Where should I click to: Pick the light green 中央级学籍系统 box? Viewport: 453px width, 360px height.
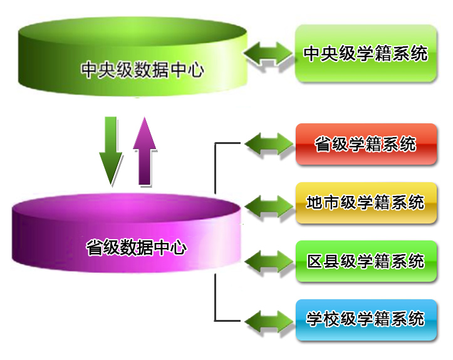coord(365,53)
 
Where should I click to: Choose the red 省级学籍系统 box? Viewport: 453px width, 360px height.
coord(365,145)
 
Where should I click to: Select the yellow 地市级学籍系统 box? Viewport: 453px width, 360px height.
coord(365,203)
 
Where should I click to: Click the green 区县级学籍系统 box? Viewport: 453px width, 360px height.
coord(365,261)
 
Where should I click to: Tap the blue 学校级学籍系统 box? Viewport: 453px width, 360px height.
coord(365,319)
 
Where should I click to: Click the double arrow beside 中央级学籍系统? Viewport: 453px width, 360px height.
coord(268,53)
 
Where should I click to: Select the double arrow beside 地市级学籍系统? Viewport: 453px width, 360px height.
coord(268,203)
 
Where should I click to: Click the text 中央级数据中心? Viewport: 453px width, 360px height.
coord(143,69)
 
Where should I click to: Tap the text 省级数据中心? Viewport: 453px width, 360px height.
coord(136,247)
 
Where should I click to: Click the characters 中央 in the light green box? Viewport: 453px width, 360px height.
coord(321,53)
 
